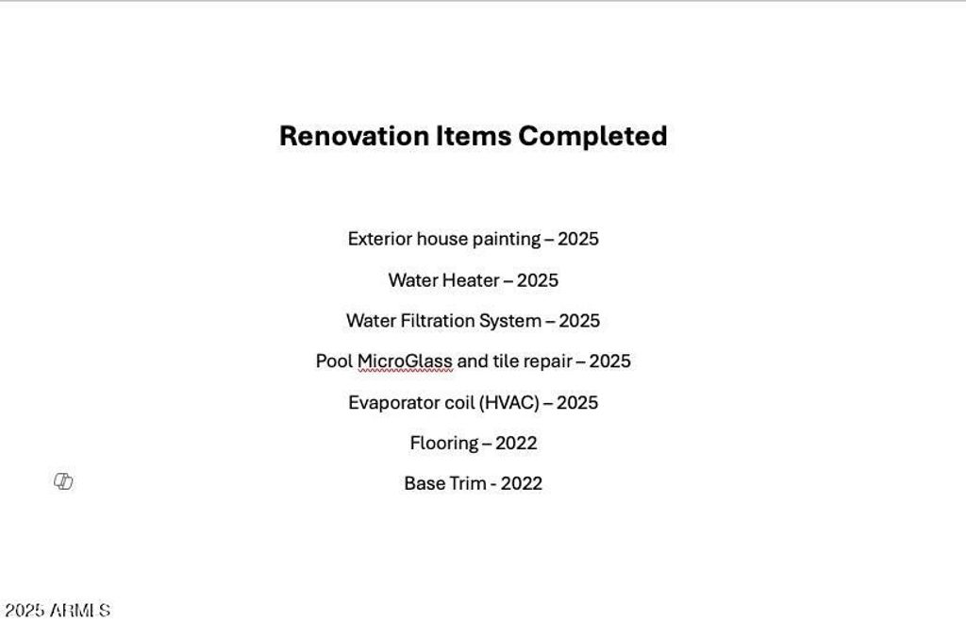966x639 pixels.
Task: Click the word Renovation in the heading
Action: point(355,136)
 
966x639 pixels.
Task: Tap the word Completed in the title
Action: point(592,136)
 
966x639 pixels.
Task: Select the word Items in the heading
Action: point(474,136)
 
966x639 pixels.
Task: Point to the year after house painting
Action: point(578,239)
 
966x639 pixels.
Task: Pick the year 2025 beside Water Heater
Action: point(537,279)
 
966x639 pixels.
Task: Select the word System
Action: point(510,321)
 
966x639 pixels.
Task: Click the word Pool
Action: point(334,361)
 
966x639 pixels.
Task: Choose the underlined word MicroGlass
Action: point(405,362)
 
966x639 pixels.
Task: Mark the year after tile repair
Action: point(610,361)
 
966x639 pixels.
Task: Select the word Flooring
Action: point(444,443)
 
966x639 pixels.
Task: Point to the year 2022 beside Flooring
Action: point(516,443)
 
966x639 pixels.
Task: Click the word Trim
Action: point(469,483)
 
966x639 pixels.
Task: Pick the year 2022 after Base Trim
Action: point(521,483)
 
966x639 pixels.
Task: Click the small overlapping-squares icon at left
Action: point(63,481)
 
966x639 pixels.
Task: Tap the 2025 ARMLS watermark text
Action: point(58,610)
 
